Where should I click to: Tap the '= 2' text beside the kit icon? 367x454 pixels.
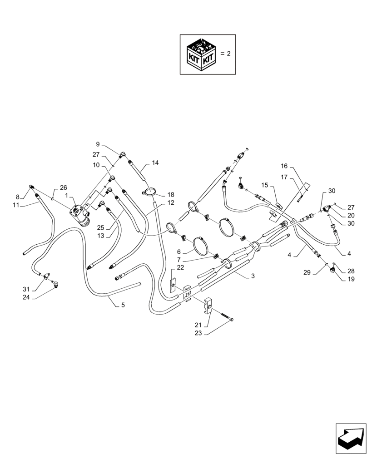226,54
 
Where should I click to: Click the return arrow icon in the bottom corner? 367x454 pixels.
351,439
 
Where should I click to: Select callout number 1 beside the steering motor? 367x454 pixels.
66,196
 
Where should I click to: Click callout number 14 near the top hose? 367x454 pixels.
155,162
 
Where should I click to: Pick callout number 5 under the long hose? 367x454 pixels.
123,306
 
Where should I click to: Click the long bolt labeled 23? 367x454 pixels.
223,316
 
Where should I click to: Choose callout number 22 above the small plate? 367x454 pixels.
180,267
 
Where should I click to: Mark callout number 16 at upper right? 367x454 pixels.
284,167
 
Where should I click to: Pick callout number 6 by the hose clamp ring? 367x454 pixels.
179,252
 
